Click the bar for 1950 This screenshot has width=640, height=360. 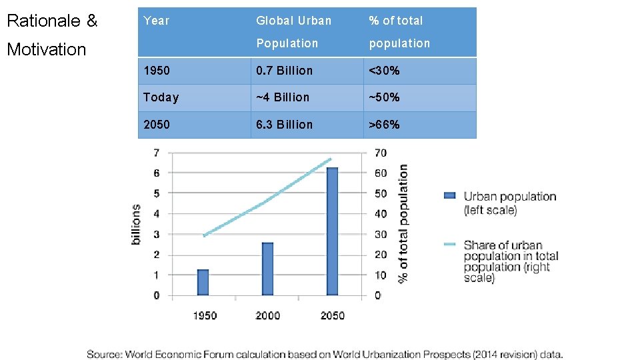click(203, 282)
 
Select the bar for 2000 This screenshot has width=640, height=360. click(267, 269)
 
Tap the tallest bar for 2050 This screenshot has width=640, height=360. click(332, 231)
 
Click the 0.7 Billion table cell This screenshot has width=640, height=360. click(284, 71)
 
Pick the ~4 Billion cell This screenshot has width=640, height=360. click(283, 97)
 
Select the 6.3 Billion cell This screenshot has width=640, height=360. click(284, 125)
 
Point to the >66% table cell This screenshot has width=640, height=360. click(385, 125)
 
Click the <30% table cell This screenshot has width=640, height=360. click(385, 71)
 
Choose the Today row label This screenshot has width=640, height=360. click(161, 97)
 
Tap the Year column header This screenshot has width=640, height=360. click(157, 21)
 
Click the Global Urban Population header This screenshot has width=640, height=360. click(293, 31)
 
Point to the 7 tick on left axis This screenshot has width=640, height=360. click(156, 153)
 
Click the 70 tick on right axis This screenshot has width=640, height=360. click(380, 153)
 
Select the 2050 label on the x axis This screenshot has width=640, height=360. click(332, 315)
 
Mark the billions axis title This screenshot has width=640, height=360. click(136, 224)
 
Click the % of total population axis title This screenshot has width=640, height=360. click(403, 224)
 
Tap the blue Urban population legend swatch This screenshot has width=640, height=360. click(450, 196)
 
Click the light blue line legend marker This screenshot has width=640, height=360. click(450, 245)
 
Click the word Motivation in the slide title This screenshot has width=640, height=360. click(46, 49)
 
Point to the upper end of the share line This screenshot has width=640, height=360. click(330, 159)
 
